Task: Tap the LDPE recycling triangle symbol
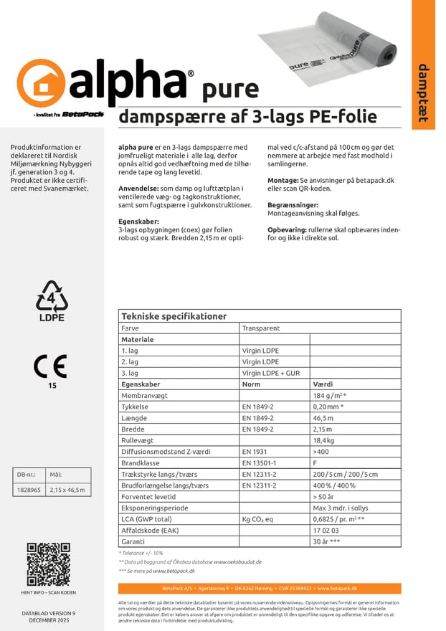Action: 52,298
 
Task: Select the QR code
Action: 49,564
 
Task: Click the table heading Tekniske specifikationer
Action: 174,316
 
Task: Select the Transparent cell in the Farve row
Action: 261,328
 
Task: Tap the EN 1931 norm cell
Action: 255,452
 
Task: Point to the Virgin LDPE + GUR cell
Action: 270,373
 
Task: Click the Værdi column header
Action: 324,384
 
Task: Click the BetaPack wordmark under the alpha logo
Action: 83,113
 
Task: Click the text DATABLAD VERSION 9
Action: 49,614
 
